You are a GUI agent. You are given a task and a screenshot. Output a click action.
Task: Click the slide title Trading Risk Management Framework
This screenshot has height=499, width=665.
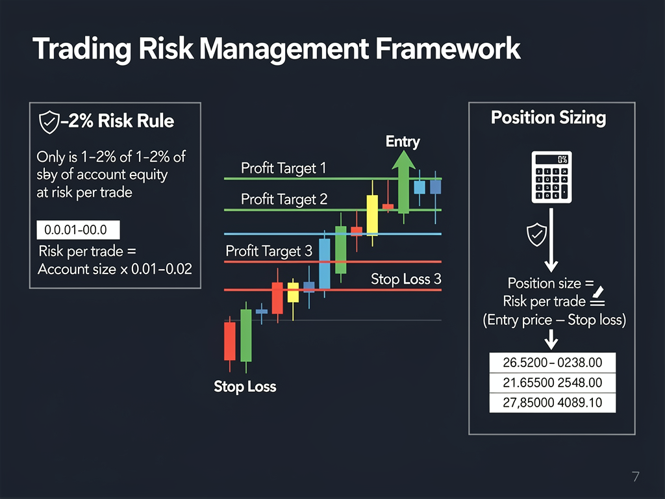point(276,50)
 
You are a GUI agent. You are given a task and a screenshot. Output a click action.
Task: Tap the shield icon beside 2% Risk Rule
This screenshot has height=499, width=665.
point(49,122)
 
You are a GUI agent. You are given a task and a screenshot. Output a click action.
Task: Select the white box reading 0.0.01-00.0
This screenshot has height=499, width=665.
point(79,230)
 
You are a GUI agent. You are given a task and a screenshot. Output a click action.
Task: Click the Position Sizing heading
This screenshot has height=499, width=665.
point(548,118)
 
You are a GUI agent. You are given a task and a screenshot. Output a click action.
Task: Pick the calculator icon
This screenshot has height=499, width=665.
point(550,176)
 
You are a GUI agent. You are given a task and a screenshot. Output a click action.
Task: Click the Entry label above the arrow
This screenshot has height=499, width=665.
point(403,141)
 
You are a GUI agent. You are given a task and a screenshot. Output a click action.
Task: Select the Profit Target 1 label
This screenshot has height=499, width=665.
point(283,168)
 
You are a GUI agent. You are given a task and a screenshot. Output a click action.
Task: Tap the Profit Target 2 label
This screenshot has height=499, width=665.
point(284,199)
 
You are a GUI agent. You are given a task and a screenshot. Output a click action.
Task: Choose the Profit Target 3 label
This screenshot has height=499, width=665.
point(268,251)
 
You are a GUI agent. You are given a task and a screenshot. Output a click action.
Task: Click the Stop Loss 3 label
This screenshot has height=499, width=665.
point(406,279)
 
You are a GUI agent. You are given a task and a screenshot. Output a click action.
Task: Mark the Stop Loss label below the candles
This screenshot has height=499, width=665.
point(245,387)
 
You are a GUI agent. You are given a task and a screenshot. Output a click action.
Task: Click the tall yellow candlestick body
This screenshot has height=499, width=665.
point(372,214)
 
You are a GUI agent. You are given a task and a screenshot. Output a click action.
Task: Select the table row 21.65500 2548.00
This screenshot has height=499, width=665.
point(551,383)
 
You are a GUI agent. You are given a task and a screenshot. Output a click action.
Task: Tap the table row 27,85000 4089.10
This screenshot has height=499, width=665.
point(551,403)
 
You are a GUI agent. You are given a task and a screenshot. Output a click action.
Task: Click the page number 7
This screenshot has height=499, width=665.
point(635,477)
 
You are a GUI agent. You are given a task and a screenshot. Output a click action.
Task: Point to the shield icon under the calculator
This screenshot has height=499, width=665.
point(536,234)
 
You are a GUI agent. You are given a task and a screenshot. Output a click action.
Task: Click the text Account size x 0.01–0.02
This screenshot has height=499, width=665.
point(115,268)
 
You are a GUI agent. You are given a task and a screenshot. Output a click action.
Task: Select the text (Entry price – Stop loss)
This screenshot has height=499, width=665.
point(554,320)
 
